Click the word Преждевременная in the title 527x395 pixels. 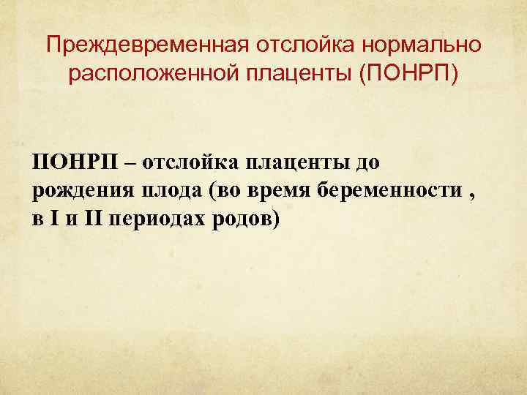point(145,45)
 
